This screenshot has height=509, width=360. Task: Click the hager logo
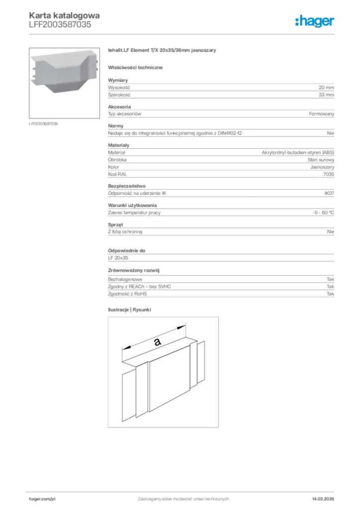(x=314, y=21)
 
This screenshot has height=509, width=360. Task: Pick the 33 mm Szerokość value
(x=326, y=94)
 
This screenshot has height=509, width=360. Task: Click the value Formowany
(x=321, y=114)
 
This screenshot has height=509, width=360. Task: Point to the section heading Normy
(x=116, y=126)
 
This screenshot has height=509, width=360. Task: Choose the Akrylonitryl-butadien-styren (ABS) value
(x=298, y=153)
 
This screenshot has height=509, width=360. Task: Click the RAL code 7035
(x=329, y=175)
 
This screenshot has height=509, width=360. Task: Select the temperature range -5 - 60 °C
(x=320, y=212)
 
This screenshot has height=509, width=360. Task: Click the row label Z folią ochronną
(x=128, y=232)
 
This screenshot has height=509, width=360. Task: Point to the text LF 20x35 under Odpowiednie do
(x=118, y=258)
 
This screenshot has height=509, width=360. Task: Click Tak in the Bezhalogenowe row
(x=330, y=280)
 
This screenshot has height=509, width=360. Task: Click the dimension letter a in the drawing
(x=157, y=341)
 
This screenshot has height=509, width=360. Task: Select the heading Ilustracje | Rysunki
(x=129, y=310)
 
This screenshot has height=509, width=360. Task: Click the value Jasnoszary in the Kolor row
(x=322, y=168)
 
